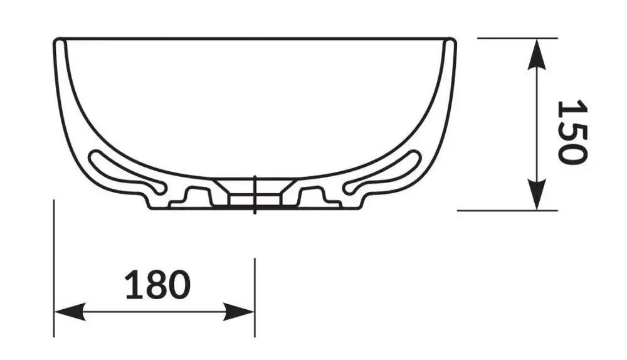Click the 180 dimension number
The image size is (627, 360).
click(157, 284)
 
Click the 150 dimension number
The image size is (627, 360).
click(572, 132)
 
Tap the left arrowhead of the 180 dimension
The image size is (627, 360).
click(70, 312)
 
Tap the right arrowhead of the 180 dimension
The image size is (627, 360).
click(239, 312)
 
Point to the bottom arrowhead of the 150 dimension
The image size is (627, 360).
click(537, 194)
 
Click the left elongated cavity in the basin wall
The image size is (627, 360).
click(127, 172)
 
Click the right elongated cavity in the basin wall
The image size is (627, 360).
click(383, 172)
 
